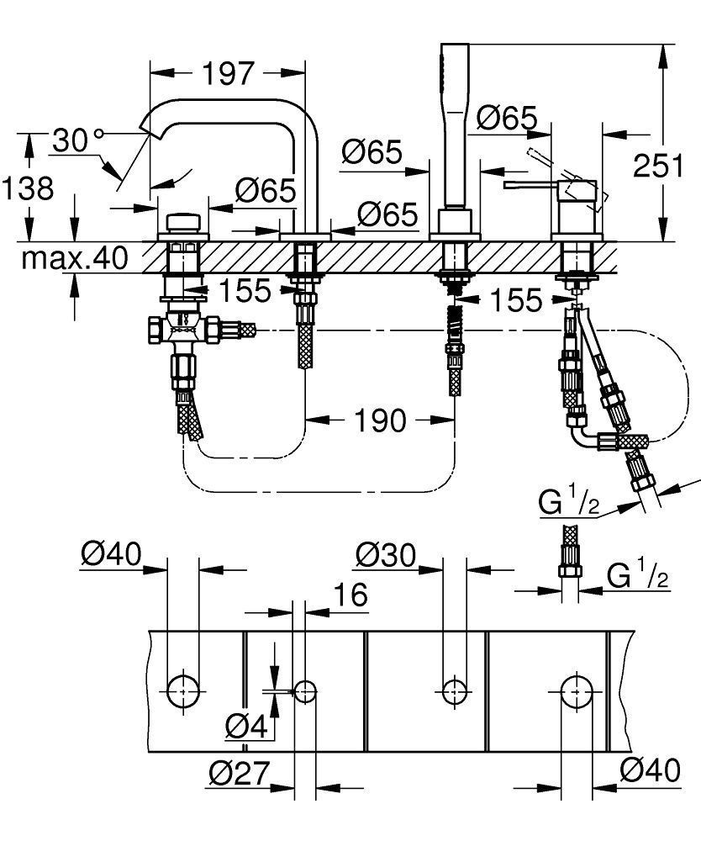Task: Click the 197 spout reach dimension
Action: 227,74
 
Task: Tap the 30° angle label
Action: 76,140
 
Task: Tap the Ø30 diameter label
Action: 386,554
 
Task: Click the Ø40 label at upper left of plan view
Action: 112,554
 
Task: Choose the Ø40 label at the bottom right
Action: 650,770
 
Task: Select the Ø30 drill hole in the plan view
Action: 455,690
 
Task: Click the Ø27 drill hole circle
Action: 305,690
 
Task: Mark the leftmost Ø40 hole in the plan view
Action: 182,690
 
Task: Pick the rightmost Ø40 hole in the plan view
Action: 577,690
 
